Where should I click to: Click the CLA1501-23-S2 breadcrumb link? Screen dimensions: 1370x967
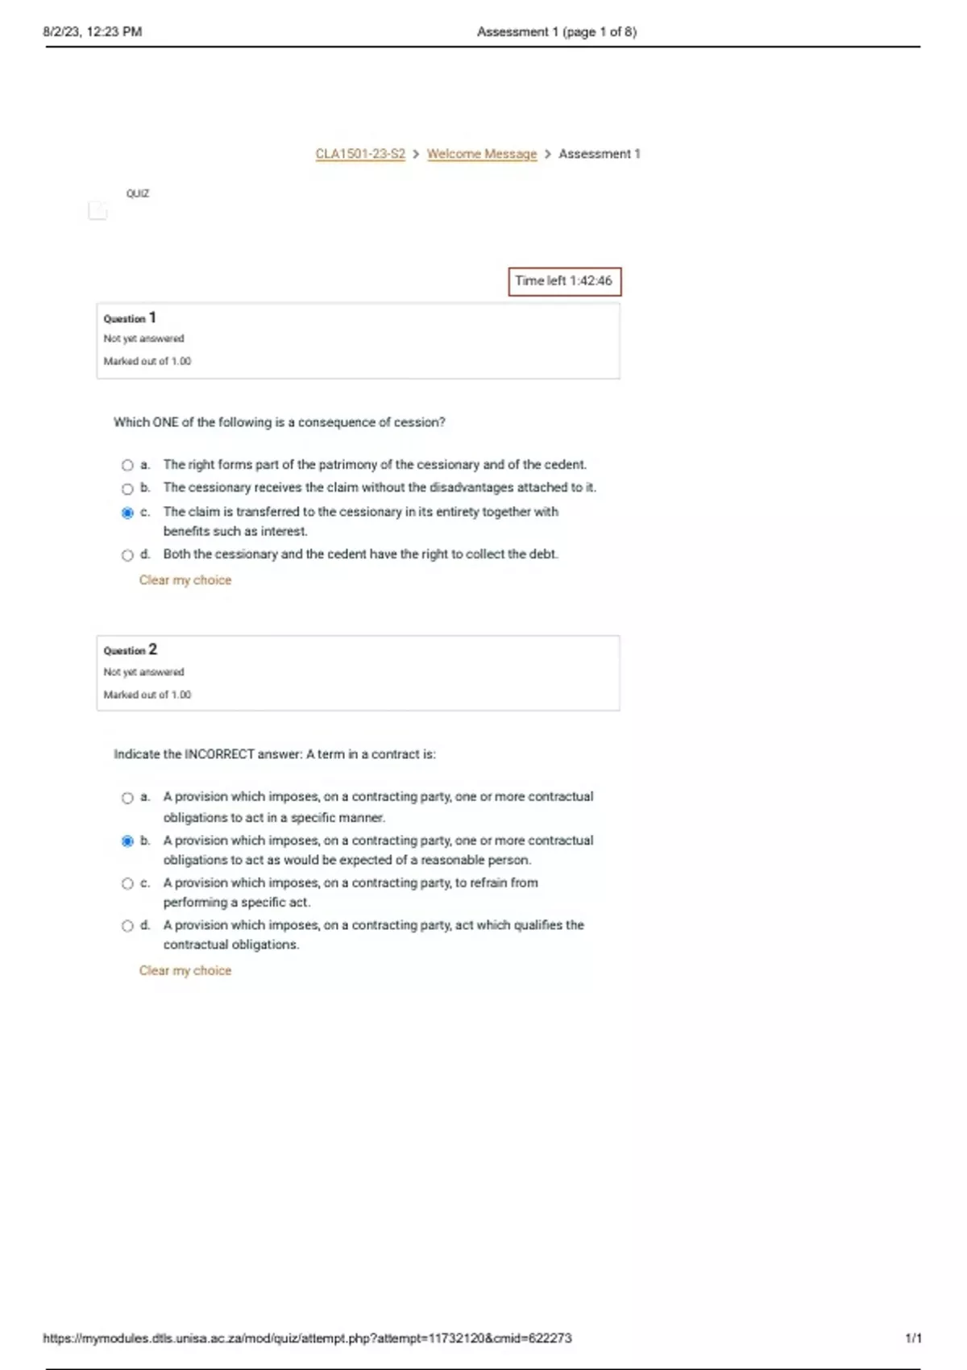[x=360, y=154]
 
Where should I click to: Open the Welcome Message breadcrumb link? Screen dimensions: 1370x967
[x=481, y=154]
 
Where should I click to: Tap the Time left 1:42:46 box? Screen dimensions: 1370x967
[x=564, y=281]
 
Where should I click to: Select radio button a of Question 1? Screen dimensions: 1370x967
[x=127, y=465]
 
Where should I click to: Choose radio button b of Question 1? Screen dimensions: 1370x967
[x=127, y=488]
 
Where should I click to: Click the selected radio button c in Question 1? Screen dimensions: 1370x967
[x=127, y=513]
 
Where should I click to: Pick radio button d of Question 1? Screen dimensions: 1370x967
[x=127, y=555]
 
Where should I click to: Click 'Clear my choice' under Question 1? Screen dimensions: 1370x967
[x=185, y=580]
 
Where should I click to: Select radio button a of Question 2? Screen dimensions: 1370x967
[x=127, y=798]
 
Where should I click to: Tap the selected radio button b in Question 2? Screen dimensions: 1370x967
[x=127, y=841]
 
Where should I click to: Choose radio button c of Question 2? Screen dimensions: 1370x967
[x=127, y=884]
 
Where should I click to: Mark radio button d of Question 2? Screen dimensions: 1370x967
[x=127, y=926]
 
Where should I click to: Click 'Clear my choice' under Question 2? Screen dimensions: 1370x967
[x=185, y=971]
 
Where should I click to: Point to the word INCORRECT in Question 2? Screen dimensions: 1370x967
[x=219, y=754]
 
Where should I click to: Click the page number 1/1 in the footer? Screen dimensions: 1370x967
[x=913, y=1339]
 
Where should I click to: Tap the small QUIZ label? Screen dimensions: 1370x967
[x=138, y=193]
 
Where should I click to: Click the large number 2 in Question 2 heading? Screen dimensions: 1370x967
[x=153, y=650]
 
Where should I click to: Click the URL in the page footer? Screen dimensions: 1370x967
[x=307, y=1339]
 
